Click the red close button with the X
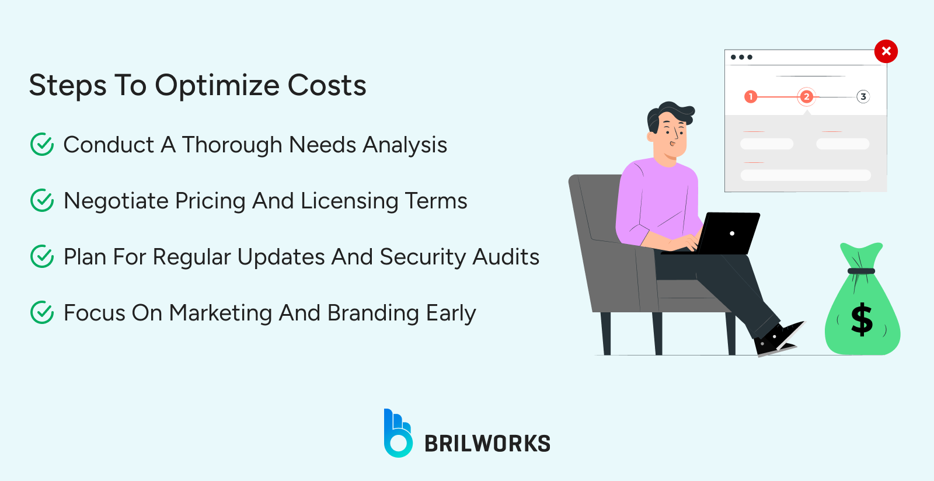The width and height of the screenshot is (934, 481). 886,51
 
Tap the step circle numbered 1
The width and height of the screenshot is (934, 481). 751,96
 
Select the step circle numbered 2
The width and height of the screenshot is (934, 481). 806,96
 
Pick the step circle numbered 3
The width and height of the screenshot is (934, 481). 863,96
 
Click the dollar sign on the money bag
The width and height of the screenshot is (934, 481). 862,320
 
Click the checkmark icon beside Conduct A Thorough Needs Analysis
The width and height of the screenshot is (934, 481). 42,144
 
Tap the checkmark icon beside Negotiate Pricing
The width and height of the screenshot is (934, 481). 42,200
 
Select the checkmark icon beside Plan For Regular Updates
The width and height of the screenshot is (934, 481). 42,256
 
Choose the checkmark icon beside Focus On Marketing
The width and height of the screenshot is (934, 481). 42,312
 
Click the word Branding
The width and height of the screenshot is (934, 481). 373,313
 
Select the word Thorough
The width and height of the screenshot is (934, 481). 232,145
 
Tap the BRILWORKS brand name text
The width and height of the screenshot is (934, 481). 487,444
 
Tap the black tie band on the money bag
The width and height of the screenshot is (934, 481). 861,271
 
